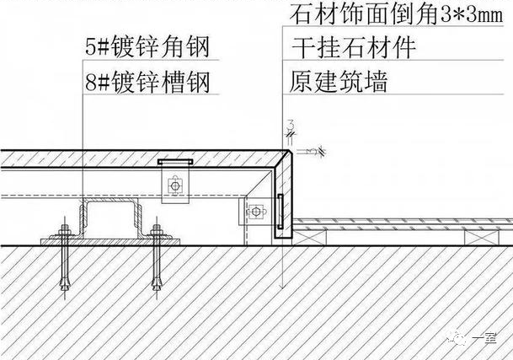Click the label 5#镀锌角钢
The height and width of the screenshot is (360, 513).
tap(147, 46)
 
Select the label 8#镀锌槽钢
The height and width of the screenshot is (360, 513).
tap(147, 82)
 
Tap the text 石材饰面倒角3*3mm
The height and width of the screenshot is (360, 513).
tap(396, 14)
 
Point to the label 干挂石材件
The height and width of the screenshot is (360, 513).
tap(353, 48)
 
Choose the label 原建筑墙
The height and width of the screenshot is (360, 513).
tap(339, 82)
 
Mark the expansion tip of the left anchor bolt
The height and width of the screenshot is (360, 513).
tap(65, 284)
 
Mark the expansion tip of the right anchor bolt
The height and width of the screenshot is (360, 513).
tap(157, 284)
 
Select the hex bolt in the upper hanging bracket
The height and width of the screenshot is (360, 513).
tap(175, 186)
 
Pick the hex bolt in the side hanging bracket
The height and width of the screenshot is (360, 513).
tap(256, 212)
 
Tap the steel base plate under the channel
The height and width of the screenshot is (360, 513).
tap(110, 242)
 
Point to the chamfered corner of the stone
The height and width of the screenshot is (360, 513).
tap(289, 153)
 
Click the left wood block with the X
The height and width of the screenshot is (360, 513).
tap(309, 238)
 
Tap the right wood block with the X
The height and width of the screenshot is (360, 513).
tap(482, 238)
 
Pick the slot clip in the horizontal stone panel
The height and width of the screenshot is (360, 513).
tap(175, 162)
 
